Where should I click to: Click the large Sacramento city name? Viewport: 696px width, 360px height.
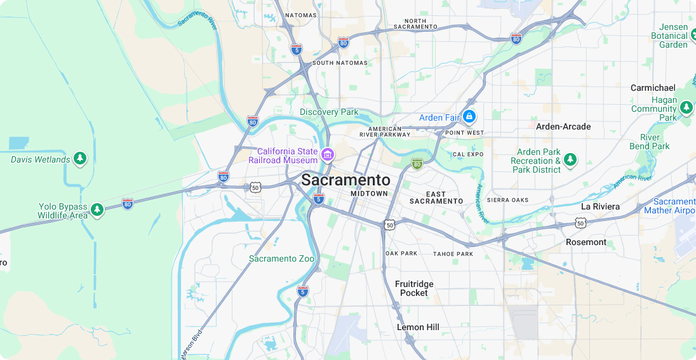pyautogui.click(x=345, y=180)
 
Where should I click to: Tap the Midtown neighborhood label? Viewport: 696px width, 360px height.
pyautogui.click(x=369, y=194)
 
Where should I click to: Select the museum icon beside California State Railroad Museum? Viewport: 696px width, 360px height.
pyautogui.click(x=328, y=154)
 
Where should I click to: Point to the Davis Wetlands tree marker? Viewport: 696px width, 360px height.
pyautogui.click(x=79, y=159)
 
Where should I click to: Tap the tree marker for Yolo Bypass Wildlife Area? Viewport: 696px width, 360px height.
pyautogui.click(x=97, y=209)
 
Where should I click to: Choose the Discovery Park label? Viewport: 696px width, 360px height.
pyautogui.click(x=329, y=112)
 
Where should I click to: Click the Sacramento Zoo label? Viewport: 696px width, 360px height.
pyautogui.click(x=281, y=258)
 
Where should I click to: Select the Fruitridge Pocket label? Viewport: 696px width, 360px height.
pyautogui.click(x=414, y=288)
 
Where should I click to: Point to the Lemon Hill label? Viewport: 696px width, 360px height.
pyautogui.click(x=418, y=327)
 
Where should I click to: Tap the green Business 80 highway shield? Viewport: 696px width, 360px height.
pyautogui.click(x=417, y=164)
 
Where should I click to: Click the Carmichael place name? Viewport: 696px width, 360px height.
pyautogui.click(x=653, y=88)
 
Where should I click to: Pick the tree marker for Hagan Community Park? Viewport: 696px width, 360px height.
pyautogui.click(x=686, y=108)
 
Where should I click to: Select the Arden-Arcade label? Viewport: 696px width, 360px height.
pyautogui.click(x=563, y=126)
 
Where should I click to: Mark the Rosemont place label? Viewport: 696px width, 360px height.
pyautogui.click(x=586, y=242)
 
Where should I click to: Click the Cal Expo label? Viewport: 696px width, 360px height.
pyautogui.click(x=468, y=154)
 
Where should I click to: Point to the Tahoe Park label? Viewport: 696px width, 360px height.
pyautogui.click(x=453, y=254)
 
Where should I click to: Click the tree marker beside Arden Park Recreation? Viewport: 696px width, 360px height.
pyautogui.click(x=570, y=159)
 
